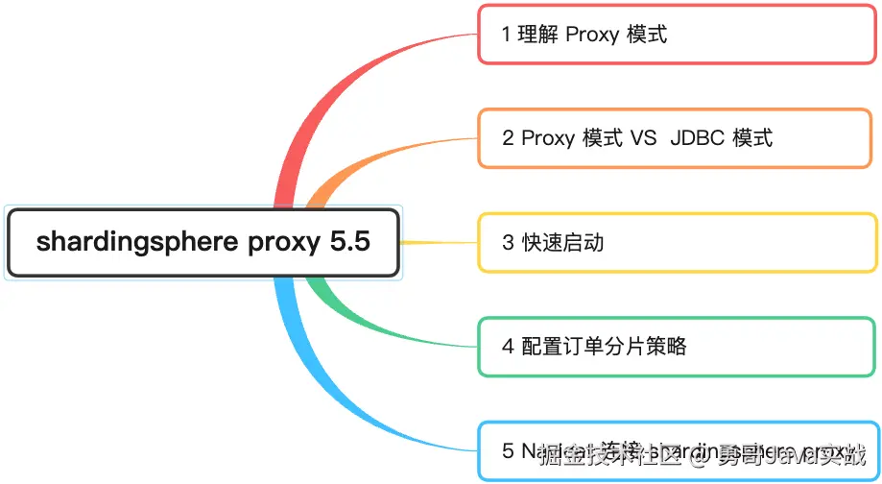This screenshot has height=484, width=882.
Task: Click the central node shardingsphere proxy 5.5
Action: (x=203, y=243)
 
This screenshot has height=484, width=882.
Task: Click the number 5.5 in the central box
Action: (x=349, y=243)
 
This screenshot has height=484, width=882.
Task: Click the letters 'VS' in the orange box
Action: (x=643, y=138)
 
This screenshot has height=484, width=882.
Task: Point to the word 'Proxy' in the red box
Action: (x=592, y=35)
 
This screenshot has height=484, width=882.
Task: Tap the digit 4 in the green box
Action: (x=508, y=346)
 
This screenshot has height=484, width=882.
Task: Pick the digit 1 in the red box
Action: (x=507, y=35)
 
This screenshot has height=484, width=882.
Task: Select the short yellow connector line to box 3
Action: (x=438, y=242)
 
